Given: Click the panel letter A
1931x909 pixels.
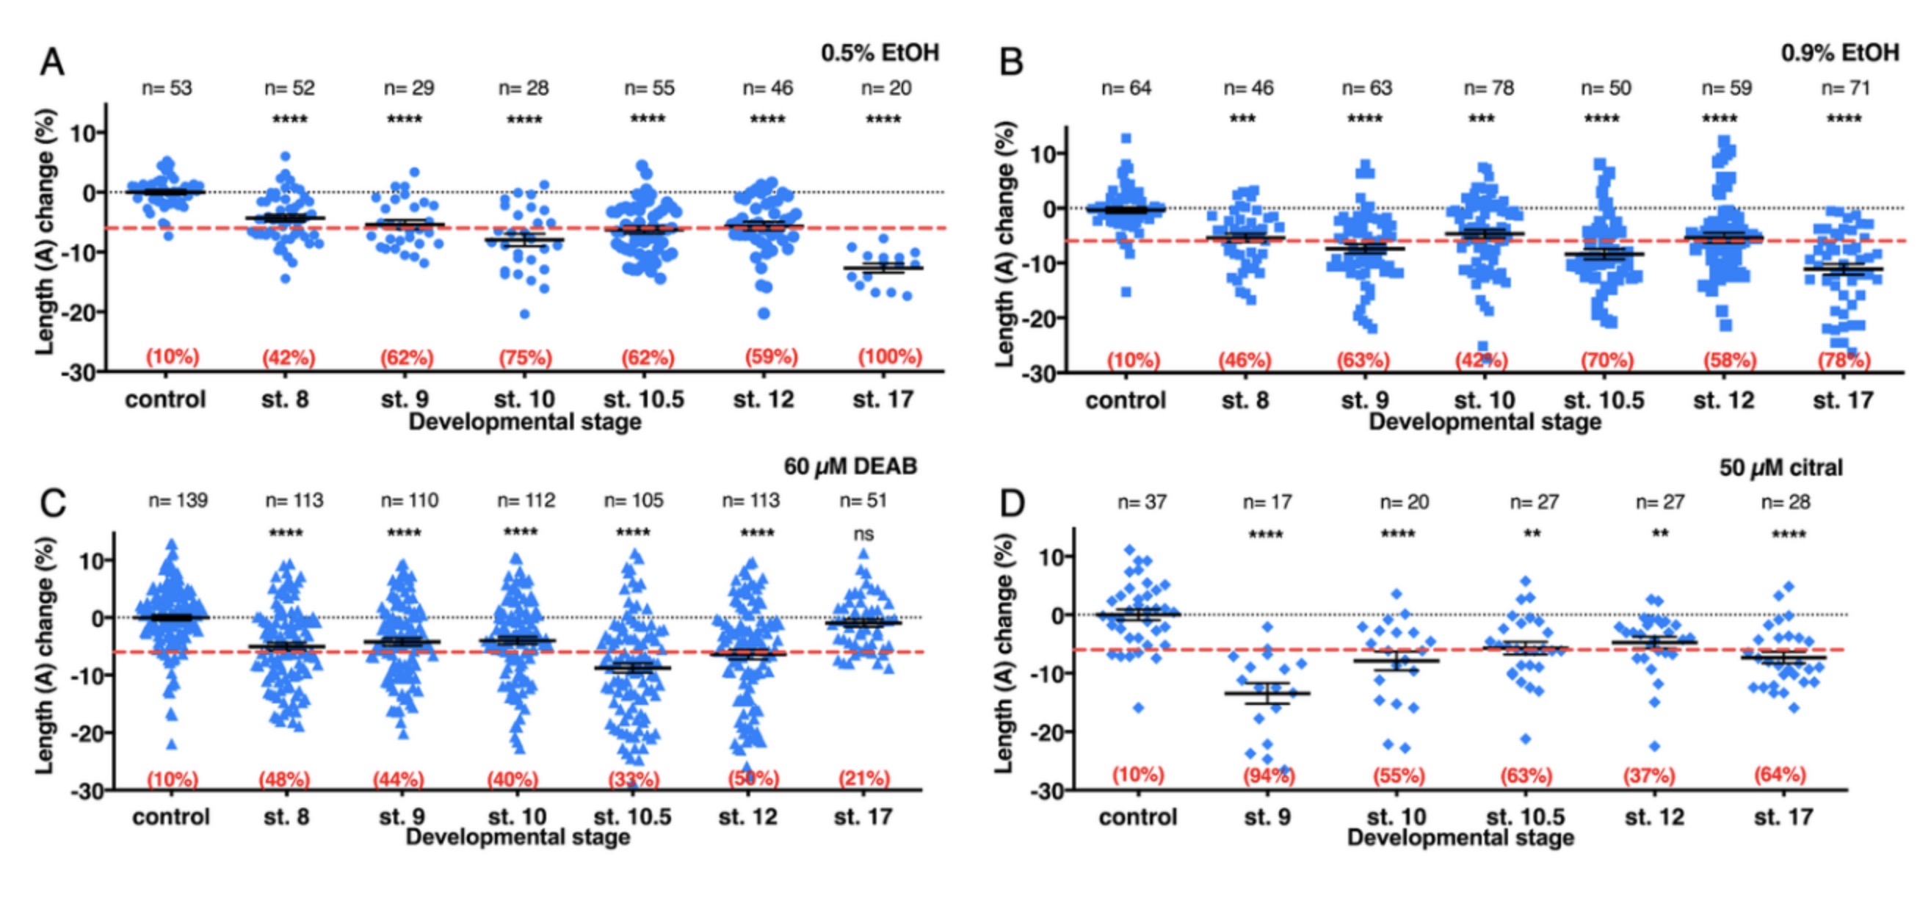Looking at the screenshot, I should tap(51, 62).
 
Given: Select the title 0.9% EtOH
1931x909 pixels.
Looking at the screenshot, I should tap(1839, 53).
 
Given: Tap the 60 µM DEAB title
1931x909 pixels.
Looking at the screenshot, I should tap(850, 467).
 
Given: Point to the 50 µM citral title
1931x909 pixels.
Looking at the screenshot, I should tap(1780, 468).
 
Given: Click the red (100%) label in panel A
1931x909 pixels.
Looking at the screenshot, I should tap(890, 357).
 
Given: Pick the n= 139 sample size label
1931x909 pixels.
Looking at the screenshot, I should tap(178, 501).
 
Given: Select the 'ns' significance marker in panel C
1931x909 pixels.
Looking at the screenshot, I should tap(863, 535).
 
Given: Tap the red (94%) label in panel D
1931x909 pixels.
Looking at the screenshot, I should tap(1267, 775).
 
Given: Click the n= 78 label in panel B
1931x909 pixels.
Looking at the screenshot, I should tap(1489, 88).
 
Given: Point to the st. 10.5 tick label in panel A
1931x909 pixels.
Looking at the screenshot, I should tap(644, 399).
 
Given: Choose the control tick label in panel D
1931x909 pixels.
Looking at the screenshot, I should tap(1138, 816).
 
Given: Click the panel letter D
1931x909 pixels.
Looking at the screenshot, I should tap(1012, 504).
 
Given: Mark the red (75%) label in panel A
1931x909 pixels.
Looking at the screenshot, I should tap(526, 358).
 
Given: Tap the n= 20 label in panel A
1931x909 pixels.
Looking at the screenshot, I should tap(886, 88).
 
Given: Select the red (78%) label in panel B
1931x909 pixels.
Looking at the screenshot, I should tap(1844, 361).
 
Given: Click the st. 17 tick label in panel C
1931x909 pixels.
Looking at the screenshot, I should tap(863, 816).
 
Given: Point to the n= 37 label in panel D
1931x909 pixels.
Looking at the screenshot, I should tap(1142, 502).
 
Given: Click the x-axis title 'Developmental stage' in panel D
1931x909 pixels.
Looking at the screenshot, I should tap(1460, 837).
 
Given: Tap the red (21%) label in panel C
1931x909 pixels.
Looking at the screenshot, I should tap(863, 778).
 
